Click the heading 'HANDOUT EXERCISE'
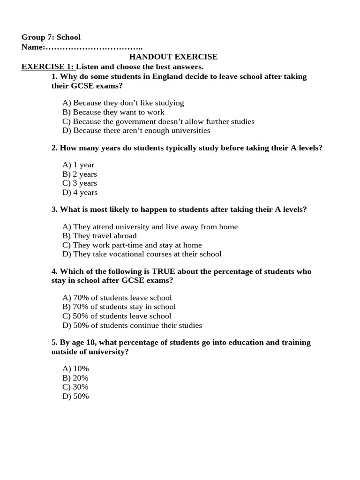pyautogui.click(x=173, y=57)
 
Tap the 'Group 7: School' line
pyautogui.click(x=51, y=37)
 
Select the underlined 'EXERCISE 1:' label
pyautogui.click(x=48, y=67)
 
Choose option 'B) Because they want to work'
pyautogui.click(x=113, y=112)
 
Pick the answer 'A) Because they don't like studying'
pyautogui.click(x=123, y=103)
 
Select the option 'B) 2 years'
pyautogui.click(x=80, y=174)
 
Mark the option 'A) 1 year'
pyautogui.click(x=78, y=165)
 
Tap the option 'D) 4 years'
pyautogui.click(x=80, y=192)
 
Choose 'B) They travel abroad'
pyautogui.click(x=99, y=236)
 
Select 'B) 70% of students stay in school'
pyautogui.click(x=119, y=307)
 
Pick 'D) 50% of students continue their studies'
pyautogui.click(x=132, y=325)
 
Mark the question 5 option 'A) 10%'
pyautogui.click(x=75, y=368)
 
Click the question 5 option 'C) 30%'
pyautogui.click(x=75, y=387)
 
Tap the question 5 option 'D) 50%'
pyautogui.click(x=75, y=396)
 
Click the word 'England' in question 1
pyautogui.click(x=167, y=76)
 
